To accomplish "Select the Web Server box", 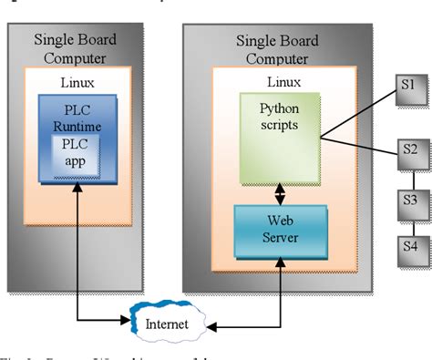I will click(276, 231).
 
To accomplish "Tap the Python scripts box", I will click(277, 136).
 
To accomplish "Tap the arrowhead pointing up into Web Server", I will click(276, 263).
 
